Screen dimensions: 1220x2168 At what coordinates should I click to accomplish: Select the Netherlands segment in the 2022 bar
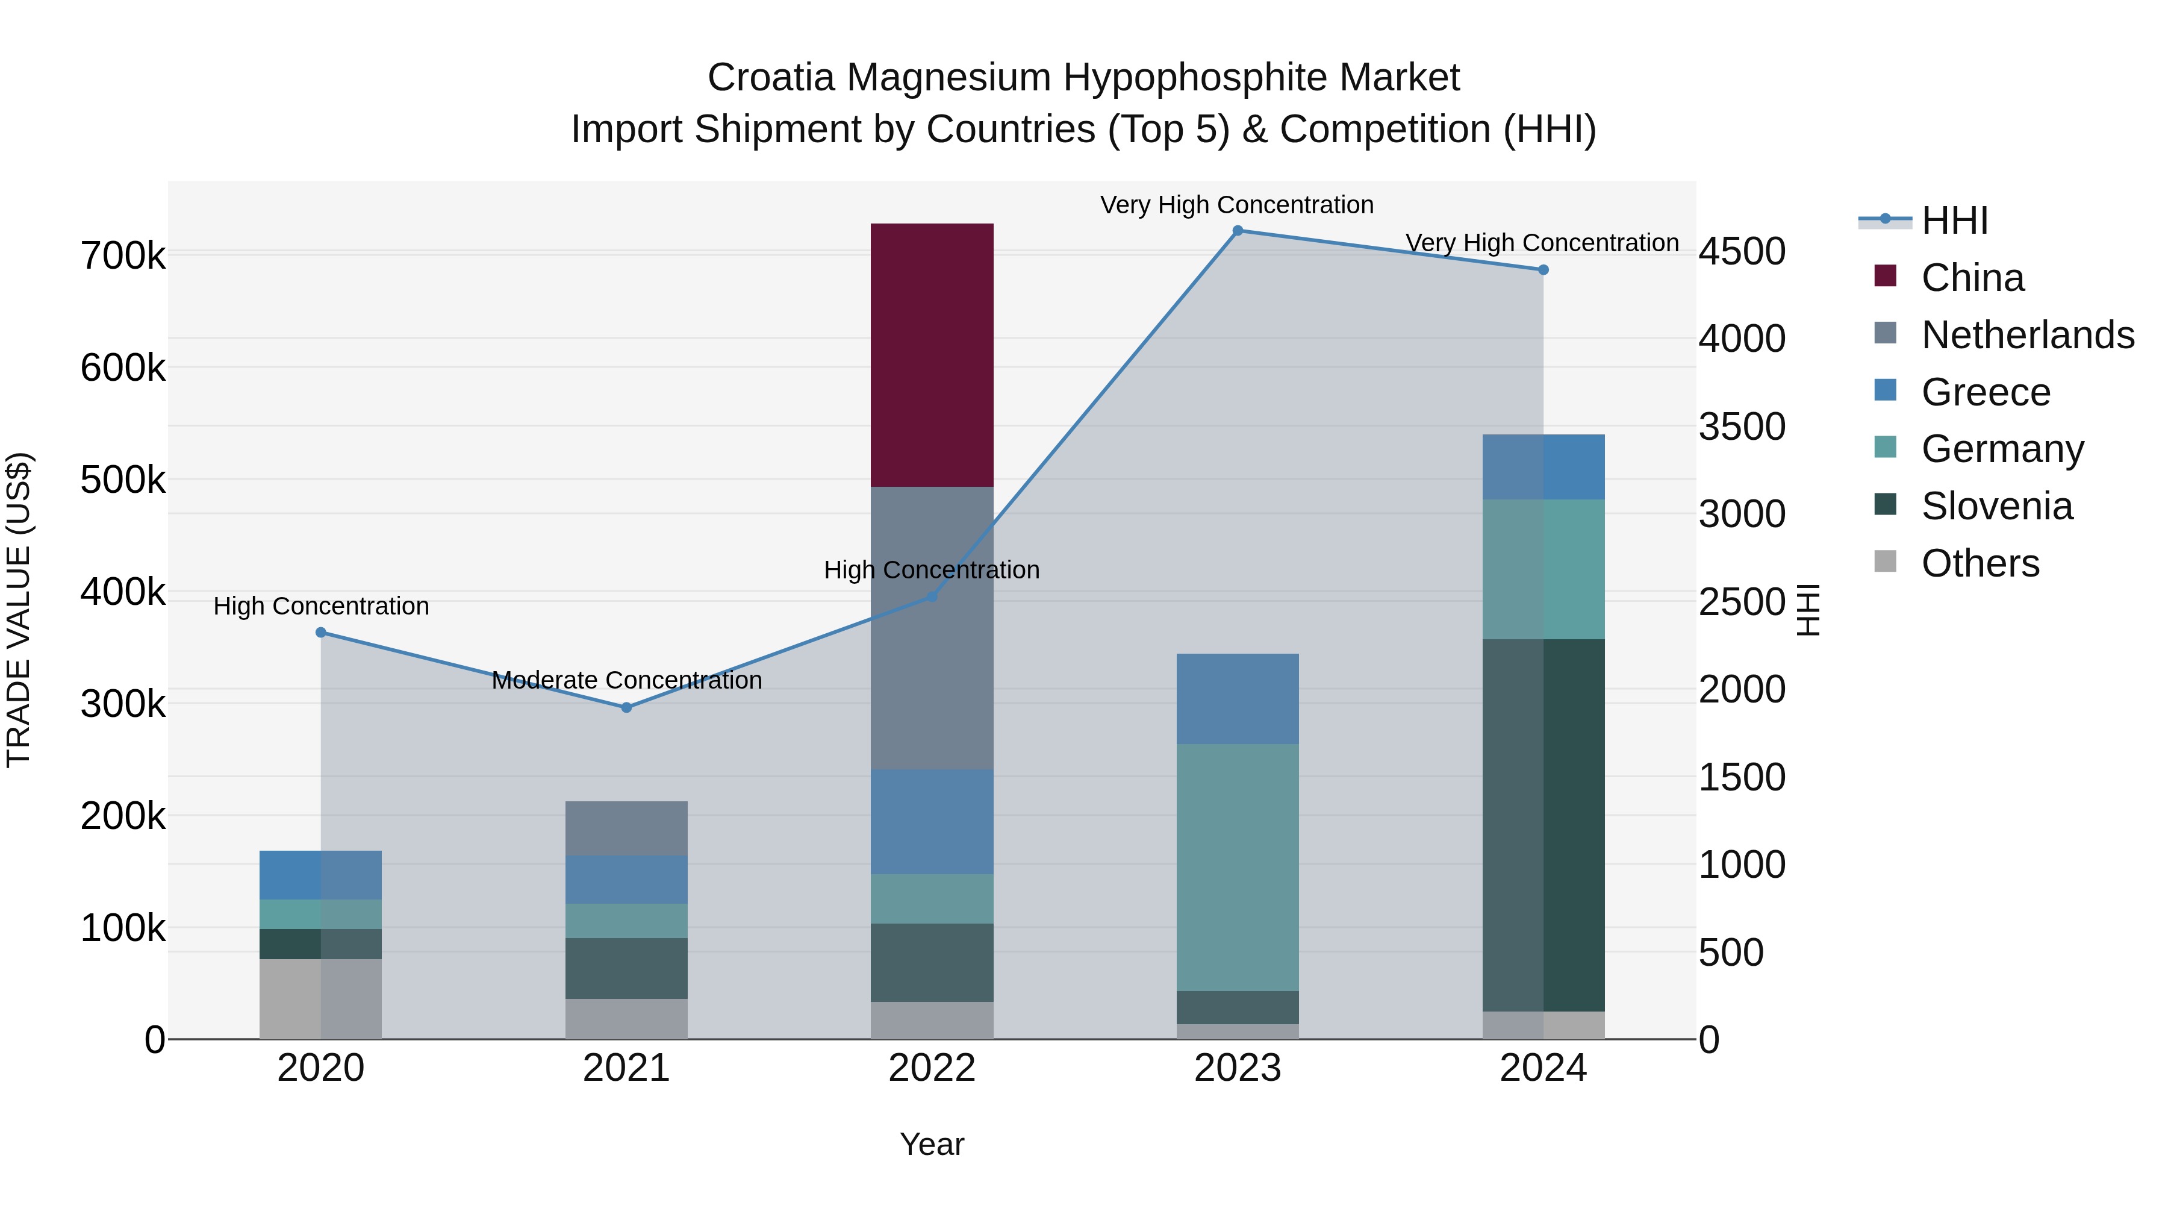click(932, 627)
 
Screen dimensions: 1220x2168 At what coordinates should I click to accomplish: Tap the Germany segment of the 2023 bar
click(1237, 867)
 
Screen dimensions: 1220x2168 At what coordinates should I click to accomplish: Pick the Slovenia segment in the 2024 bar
click(1543, 825)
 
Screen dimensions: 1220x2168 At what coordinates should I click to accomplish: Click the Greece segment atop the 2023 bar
click(1237, 698)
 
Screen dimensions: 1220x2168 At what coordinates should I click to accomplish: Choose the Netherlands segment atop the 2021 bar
click(626, 828)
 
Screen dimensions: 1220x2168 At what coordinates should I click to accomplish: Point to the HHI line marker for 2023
click(1237, 231)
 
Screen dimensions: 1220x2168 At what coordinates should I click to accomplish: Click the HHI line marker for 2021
click(626, 707)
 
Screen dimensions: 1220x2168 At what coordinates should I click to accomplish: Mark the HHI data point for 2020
click(320, 633)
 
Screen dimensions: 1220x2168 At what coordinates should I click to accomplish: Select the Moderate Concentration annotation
click(626, 680)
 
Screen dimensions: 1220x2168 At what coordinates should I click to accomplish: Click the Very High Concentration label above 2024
click(1542, 242)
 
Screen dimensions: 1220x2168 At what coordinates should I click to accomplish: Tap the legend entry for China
click(1972, 278)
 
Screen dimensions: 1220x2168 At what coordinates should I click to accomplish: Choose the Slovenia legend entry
click(1996, 506)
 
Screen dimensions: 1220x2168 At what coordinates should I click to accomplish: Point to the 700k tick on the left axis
click(123, 255)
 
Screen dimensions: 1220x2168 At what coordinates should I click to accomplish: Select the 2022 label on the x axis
click(932, 1068)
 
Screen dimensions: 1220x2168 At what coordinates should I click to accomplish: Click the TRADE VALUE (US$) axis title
click(19, 610)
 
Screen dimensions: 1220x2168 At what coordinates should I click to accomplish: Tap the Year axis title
click(932, 1144)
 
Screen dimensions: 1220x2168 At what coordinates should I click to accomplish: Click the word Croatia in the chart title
click(771, 78)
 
